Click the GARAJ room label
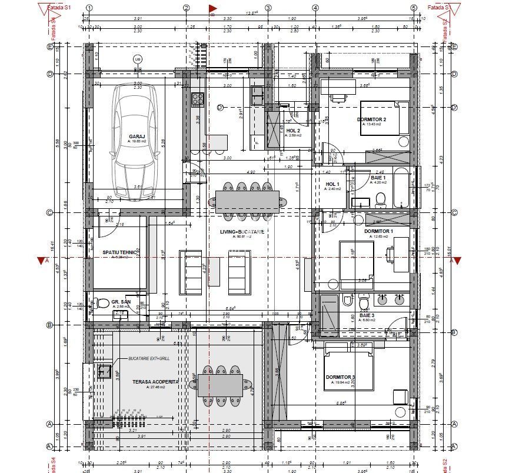[x=137, y=136]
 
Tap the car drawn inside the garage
[x=137, y=142]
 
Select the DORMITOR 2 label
[x=371, y=119]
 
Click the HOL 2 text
[x=293, y=130]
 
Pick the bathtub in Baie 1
[x=403, y=188]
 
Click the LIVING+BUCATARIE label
[x=241, y=232]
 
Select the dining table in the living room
[x=247, y=201]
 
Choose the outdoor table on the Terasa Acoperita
[x=219, y=385]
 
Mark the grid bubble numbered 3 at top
[x=268, y=8]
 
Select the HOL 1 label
[x=333, y=184]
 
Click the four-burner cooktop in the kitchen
[x=197, y=100]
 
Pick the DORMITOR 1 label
[x=378, y=231]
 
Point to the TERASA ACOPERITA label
[x=155, y=382]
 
